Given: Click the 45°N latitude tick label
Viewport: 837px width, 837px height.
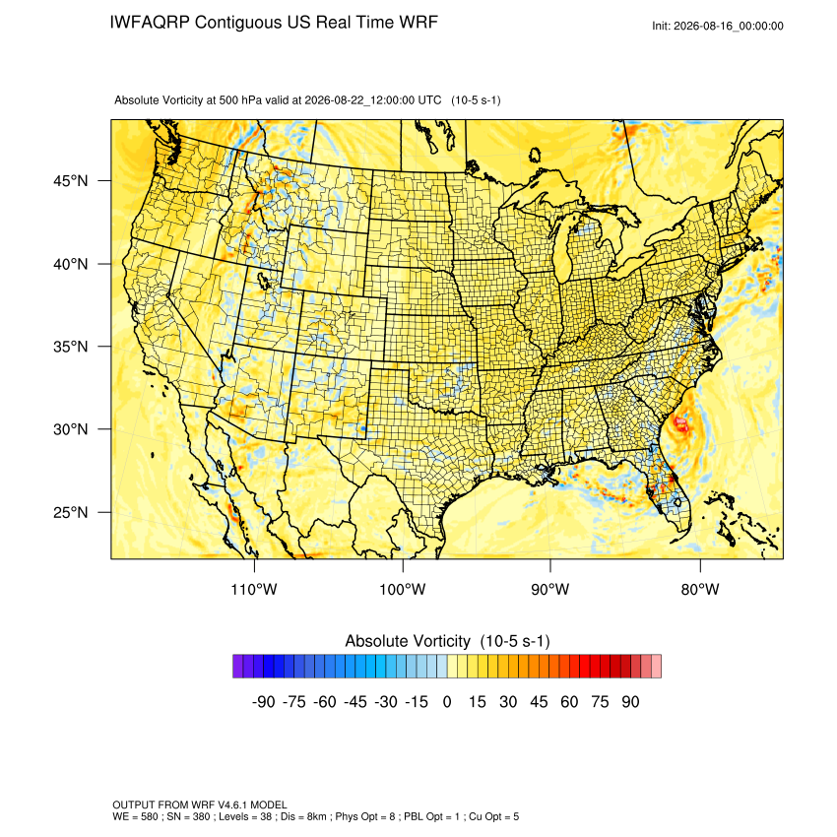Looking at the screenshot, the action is pos(70,181).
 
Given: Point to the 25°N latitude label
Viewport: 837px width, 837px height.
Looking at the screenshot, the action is pos(70,512).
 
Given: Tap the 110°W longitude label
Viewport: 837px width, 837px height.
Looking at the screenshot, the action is pos(254,590).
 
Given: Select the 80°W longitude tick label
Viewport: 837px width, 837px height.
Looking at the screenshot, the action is pos(700,590).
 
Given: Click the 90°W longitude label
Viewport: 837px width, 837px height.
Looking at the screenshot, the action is pos(549,590).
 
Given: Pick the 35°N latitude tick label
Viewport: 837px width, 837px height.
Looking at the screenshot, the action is pos(70,347).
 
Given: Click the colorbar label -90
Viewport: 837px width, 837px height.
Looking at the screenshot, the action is pos(263,702).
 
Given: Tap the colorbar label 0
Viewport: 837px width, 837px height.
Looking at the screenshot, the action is pos(447,702).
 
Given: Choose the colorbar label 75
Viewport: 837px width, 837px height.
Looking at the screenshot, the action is pos(600,702).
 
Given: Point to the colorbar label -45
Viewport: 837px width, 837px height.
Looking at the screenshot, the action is pos(355,702).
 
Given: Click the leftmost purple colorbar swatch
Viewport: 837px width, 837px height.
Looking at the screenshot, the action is pos(238,667).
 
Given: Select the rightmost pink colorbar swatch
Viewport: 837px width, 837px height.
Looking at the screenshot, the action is pos(657,667).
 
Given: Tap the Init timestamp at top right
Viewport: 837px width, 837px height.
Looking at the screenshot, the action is pos(718,26).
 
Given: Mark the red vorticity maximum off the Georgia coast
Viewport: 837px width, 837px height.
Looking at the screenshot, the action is pos(681,424).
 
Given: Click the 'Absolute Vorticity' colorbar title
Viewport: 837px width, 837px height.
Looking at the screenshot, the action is pos(408,641).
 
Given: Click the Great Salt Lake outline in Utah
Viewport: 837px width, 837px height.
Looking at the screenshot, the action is pos(263,280).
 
